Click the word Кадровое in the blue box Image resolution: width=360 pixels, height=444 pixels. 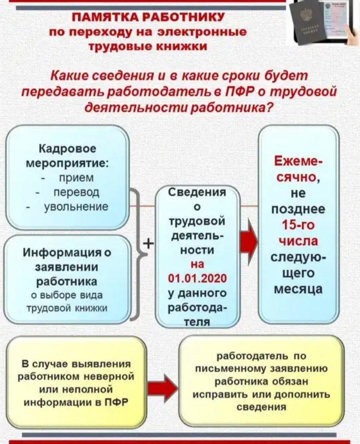pos(67,149)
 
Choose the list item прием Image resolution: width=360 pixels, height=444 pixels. pos(75,177)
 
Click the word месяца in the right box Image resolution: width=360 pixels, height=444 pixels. pos(300,290)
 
